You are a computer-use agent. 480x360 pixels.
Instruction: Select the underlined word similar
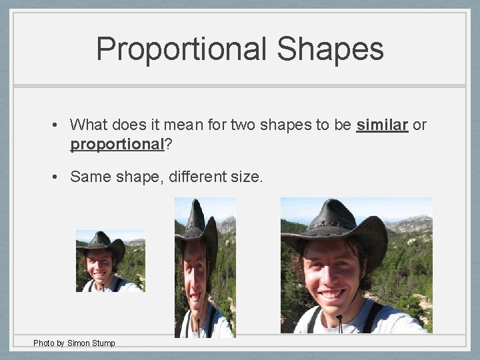(x=382, y=125)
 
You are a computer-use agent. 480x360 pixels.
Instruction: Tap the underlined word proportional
(x=117, y=144)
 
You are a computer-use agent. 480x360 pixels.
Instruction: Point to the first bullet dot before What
(x=59, y=125)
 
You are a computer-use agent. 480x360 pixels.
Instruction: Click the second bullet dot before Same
(x=59, y=177)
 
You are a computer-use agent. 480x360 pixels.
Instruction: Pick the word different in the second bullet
(x=197, y=177)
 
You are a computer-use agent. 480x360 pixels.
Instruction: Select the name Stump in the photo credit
(x=103, y=343)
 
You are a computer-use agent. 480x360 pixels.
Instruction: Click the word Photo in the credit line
(x=44, y=343)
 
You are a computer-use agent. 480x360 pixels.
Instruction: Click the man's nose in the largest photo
(x=331, y=275)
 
